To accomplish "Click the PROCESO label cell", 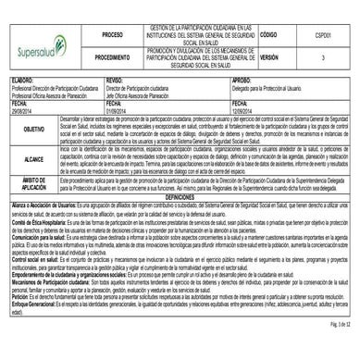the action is pyautogui.click(x=112, y=33).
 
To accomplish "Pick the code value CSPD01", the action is pyautogui.click(x=323, y=33).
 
